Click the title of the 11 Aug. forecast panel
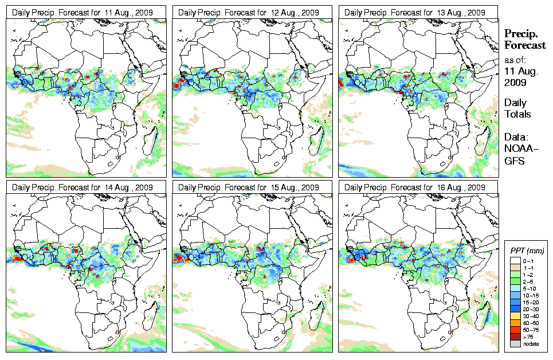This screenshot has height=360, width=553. pyautogui.click(x=83, y=12)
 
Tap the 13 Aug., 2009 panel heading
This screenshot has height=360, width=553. pyautogui.click(x=415, y=12)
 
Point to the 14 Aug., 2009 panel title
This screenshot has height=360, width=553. pyautogui.click(x=83, y=187)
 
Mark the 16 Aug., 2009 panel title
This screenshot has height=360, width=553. pyautogui.click(x=415, y=187)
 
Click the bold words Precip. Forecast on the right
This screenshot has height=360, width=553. pyautogui.click(x=524, y=40)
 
